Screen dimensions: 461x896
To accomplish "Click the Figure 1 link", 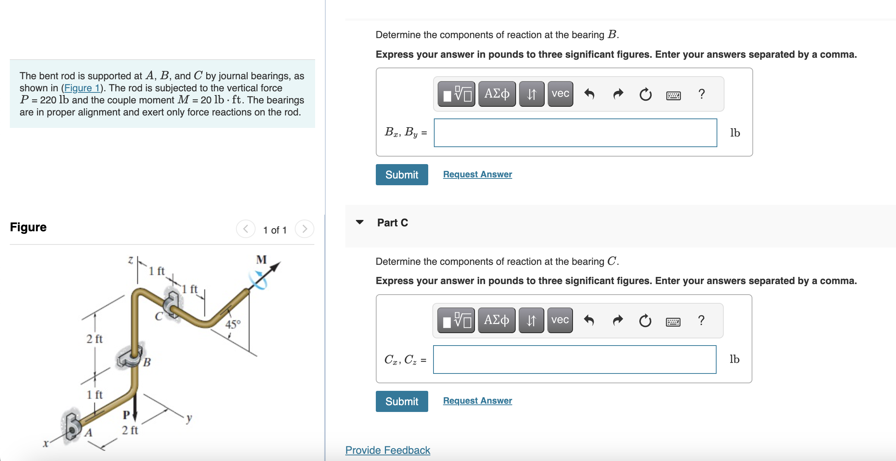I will click(x=82, y=88).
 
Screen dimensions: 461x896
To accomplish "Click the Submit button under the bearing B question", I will click(x=401, y=175).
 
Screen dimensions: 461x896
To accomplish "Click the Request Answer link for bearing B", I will click(x=477, y=174).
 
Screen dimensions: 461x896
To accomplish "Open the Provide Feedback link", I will click(x=388, y=450).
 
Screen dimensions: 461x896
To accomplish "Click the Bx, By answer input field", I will click(x=575, y=133).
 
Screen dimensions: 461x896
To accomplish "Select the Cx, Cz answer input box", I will click(x=574, y=360).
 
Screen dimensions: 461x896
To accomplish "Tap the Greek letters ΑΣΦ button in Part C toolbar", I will click(x=496, y=320).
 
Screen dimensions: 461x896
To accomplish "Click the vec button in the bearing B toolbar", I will click(x=560, y=94).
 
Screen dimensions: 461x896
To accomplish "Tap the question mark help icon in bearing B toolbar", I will click(x=701, y=94).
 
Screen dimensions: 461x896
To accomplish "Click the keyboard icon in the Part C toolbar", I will click(x=673, y=322).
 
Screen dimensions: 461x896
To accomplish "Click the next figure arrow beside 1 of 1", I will click(x=305, y=229).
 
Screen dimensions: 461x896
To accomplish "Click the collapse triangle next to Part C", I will click(x=360, y=222).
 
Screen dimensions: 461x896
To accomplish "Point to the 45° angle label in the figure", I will click(x=233, y=324).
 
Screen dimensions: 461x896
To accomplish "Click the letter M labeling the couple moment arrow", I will click(x=261, y=260).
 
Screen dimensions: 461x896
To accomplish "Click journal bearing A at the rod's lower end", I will click(x=73, y=426).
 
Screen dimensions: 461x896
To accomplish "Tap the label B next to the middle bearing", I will click(x=147, y=362).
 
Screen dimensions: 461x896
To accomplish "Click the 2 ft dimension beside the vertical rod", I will click(x=94, y=339).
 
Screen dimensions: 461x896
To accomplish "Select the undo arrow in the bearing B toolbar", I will click(x=589, y=94).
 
